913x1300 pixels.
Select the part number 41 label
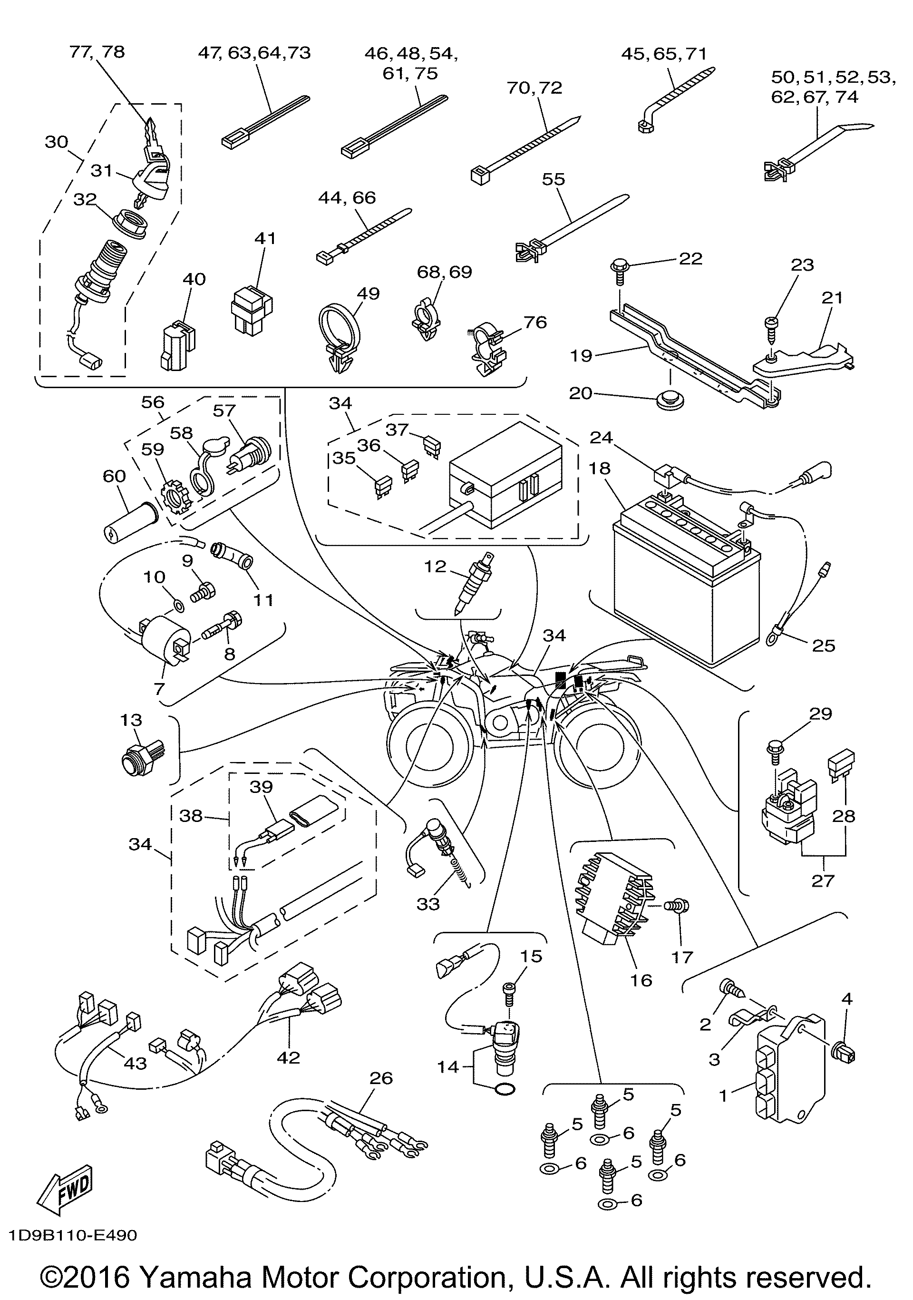pos(265,238)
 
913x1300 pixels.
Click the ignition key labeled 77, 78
pos(152,136)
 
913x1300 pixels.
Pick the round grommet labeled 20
pos(671,401)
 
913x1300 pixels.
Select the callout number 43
pos(135,1063)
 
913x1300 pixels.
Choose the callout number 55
pos(553,179)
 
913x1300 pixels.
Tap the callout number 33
pos(428,904)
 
